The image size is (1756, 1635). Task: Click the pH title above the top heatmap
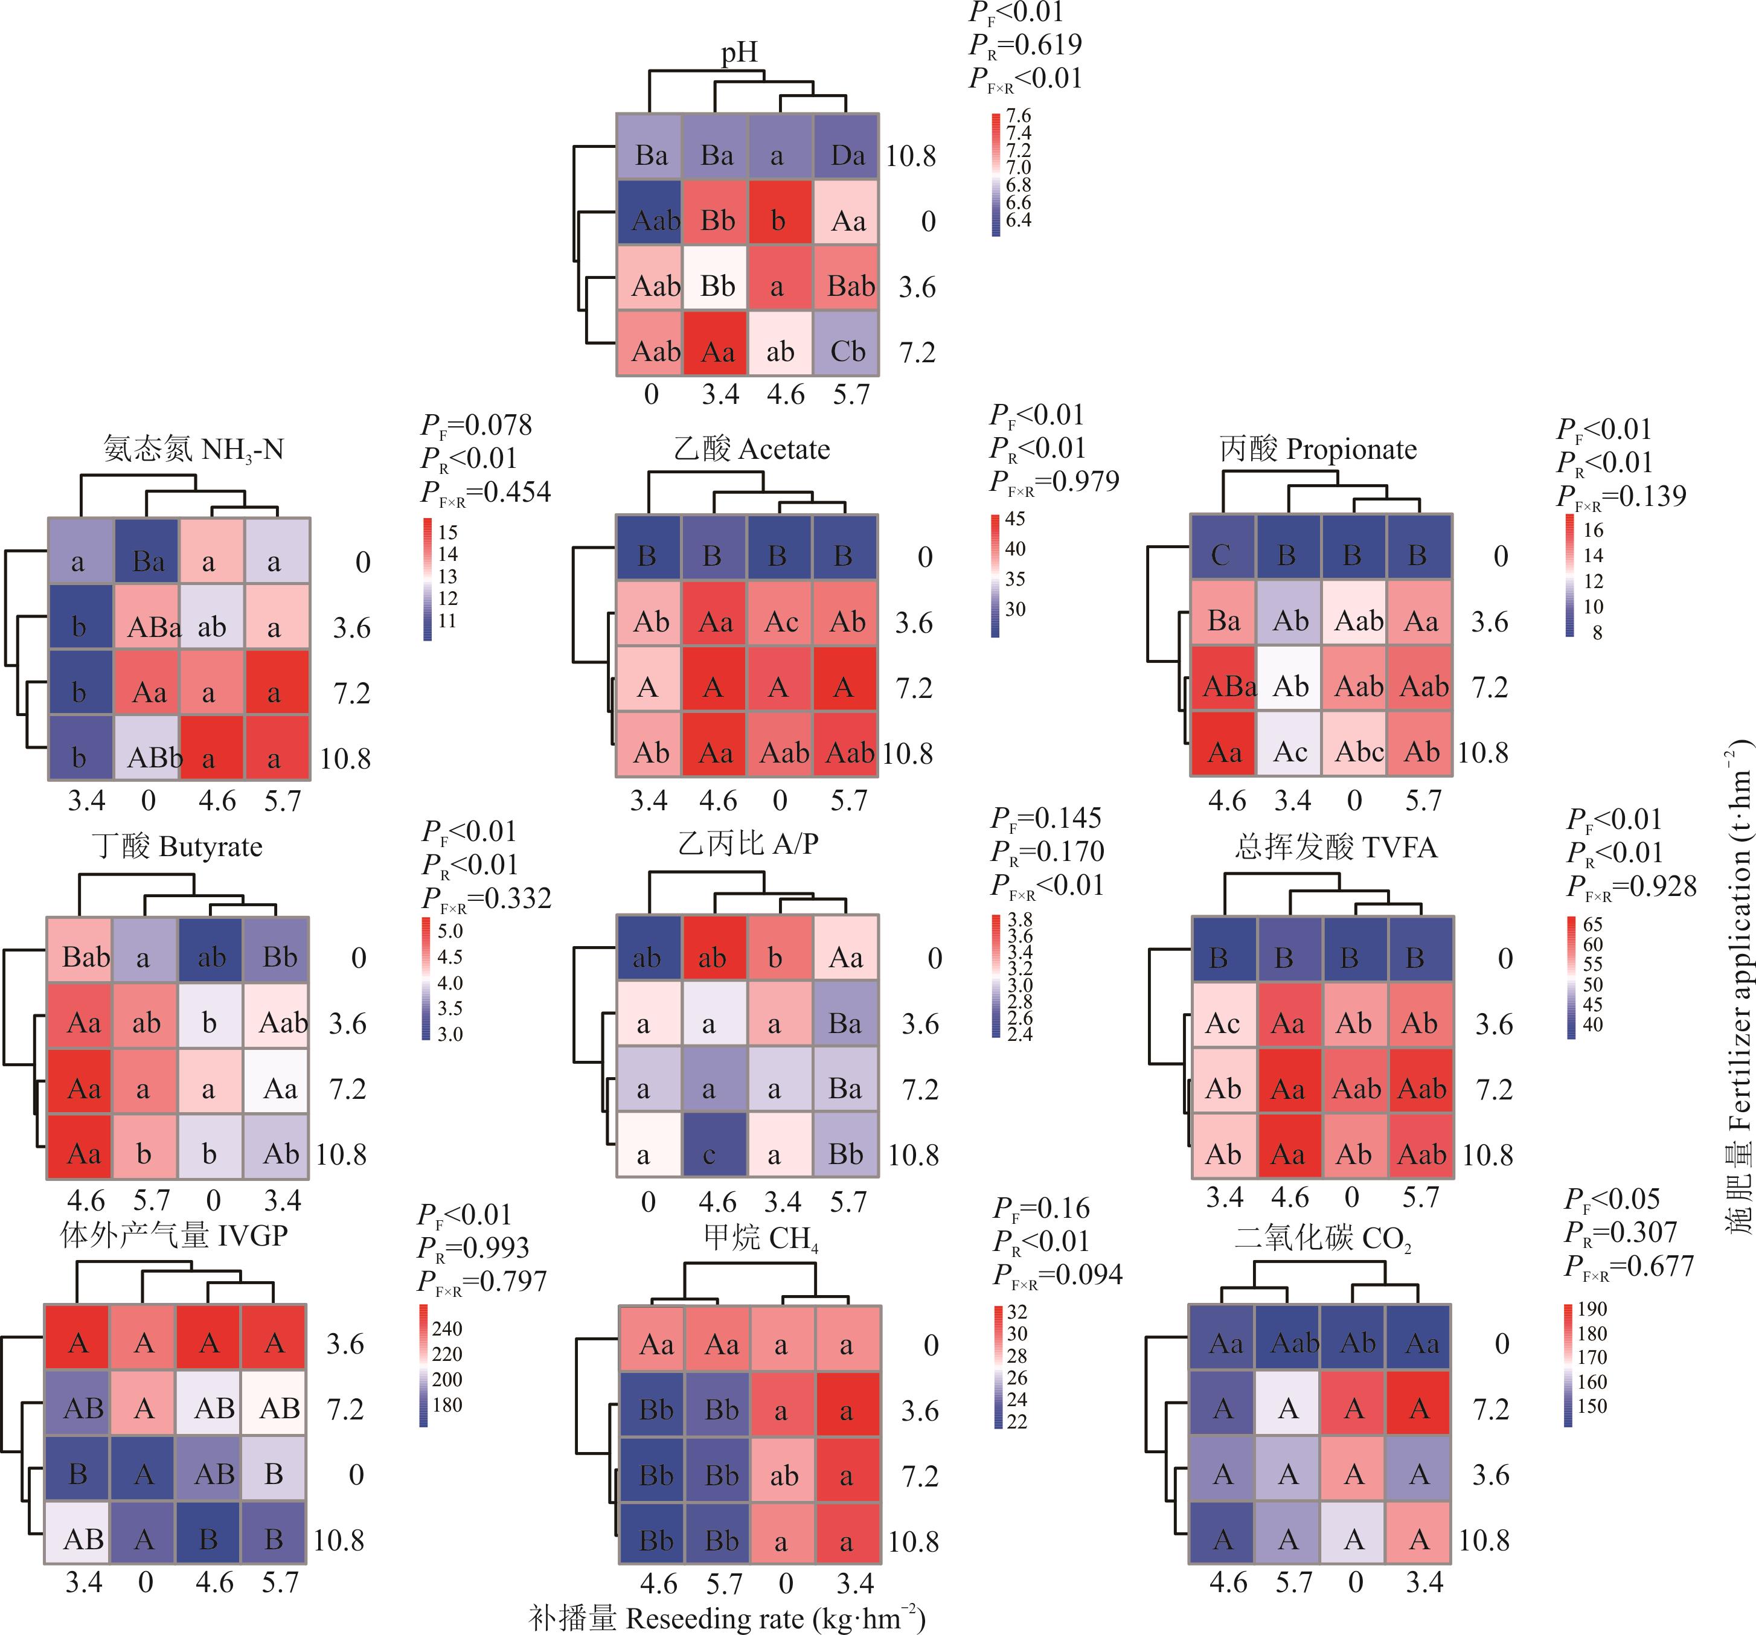(x=739, y=53)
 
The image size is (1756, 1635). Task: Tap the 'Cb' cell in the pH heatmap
(x=847, y=351)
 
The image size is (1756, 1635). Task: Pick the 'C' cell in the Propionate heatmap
(x=1222, y=555)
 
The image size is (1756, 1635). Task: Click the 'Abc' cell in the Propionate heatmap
(x=1356, y=752)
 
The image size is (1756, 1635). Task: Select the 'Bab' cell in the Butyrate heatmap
(x=85, y=958)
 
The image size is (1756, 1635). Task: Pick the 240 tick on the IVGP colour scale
(x=447, y=1328)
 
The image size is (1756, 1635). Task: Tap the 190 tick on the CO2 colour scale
(x=1592, y=1309)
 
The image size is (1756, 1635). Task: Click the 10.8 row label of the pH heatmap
(x=911, y=156)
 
